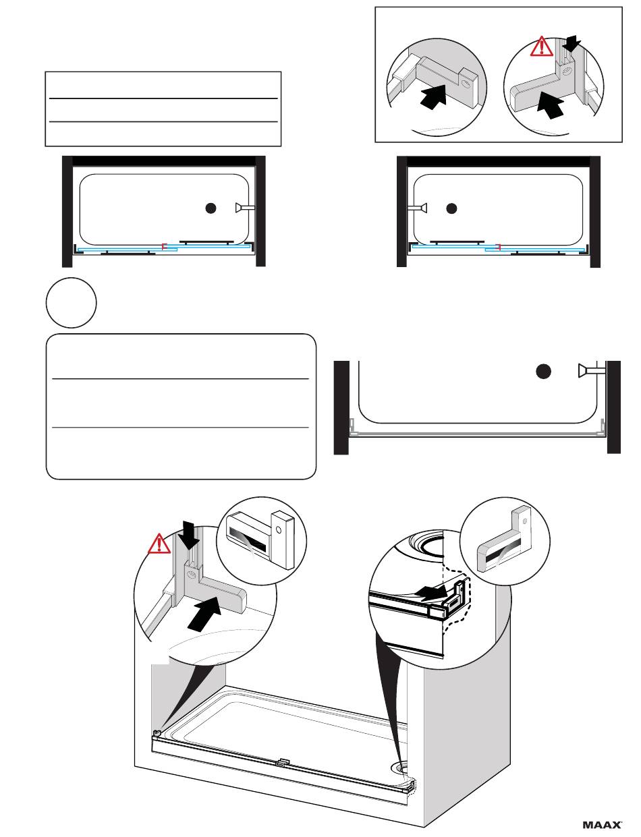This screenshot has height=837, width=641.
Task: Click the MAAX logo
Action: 602,825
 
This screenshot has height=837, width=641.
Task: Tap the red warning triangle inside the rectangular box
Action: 542,47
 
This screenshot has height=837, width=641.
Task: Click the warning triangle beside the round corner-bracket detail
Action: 159,544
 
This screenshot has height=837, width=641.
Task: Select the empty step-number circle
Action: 72,303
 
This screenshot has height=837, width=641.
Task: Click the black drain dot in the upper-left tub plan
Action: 211,208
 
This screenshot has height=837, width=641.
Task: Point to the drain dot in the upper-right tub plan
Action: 451,208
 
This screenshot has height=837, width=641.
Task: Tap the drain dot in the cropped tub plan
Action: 543,372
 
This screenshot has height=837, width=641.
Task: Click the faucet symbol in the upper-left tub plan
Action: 245,208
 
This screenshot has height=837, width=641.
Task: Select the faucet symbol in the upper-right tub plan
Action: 417,208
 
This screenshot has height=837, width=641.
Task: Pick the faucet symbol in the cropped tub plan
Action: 592,370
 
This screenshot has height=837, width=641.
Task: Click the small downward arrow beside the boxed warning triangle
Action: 572,44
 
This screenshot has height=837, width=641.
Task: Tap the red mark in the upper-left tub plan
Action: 164,247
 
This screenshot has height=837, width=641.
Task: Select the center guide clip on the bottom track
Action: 283,762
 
